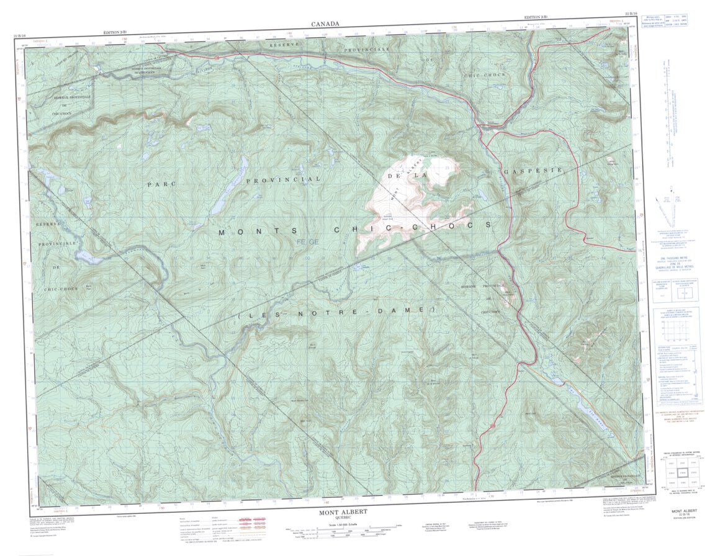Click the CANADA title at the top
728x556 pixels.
coord(326,24)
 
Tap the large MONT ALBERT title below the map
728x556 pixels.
coord(343,513)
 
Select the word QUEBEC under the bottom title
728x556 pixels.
coord(343,519)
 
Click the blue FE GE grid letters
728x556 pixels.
coord(308,241)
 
